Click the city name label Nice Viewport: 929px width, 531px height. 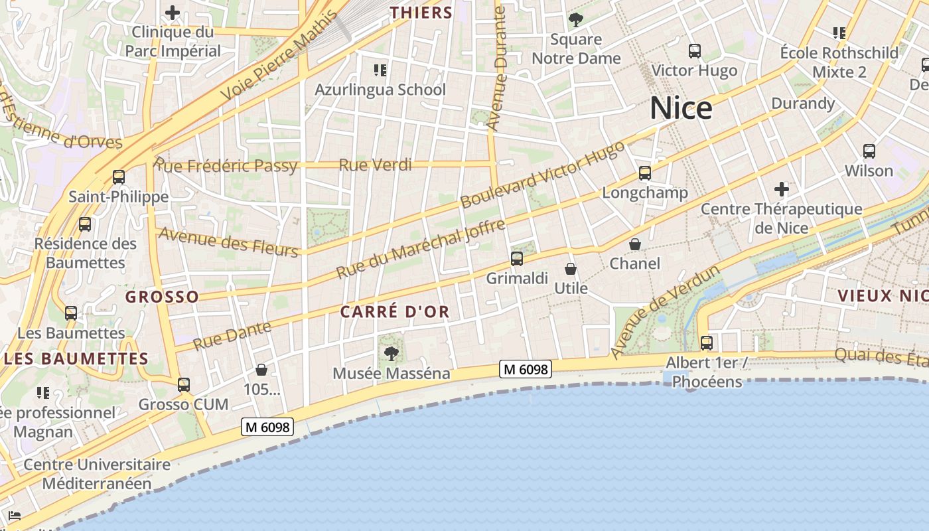[x=681, y=108]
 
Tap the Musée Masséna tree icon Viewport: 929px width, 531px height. [x=392, y=352]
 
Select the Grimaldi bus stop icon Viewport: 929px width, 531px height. [x=517, y=259]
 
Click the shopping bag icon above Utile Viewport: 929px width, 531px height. [x=570, y=269]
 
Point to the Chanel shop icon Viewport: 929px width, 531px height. [x=635, y=244]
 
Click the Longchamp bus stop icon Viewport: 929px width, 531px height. [x=644, y=173]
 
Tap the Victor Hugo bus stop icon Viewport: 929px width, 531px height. [x=695, y=51]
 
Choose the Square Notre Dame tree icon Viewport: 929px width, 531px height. [x=576, y=19]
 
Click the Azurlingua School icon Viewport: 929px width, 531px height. [x=380, y=70]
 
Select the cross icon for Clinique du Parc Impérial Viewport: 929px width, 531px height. [x=173, y=13]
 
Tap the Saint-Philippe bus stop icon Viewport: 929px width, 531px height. [x=119, y=177]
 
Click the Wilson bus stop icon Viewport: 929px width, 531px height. [x=869, y=151]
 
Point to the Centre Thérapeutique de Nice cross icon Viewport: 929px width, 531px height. [x=782, y=189]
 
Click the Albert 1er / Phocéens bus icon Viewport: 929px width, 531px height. [x=707, y=342]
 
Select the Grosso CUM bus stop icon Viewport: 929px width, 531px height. [x=184, y=384]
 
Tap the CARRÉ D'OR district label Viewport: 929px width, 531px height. [x=395, y=311]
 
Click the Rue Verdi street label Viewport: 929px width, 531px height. [x=375, y=165]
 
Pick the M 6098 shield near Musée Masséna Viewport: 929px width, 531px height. [x=526, y=369]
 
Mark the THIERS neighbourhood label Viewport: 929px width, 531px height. [x=421, y=13]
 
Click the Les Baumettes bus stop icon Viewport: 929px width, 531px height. [x=71, y=313]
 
